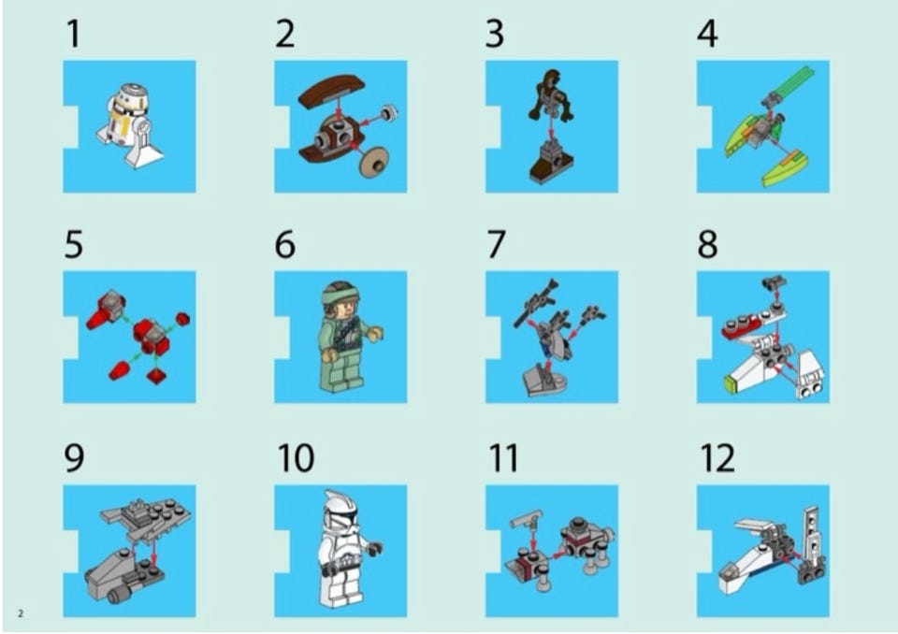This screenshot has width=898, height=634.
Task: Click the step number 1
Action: [x=73, y=34]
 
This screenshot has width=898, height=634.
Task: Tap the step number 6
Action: [x=285, y=245]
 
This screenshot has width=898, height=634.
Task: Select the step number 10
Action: [x=296, y=457]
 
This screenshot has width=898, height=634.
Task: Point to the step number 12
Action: [x=717, y=457]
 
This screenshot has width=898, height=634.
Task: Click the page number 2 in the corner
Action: [x=21, y=613]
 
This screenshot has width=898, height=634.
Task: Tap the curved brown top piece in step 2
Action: [x=331, y=91]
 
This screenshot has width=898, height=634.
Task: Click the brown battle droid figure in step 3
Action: [x=550, y=95]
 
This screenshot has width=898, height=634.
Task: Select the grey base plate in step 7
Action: [x=543, y=380]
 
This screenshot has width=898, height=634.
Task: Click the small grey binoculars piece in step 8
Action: [x=774, y=281]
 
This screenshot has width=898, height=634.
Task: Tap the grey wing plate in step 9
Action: [x=147, y=516]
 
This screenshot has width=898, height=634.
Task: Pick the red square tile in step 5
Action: [x=156, y=376]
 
